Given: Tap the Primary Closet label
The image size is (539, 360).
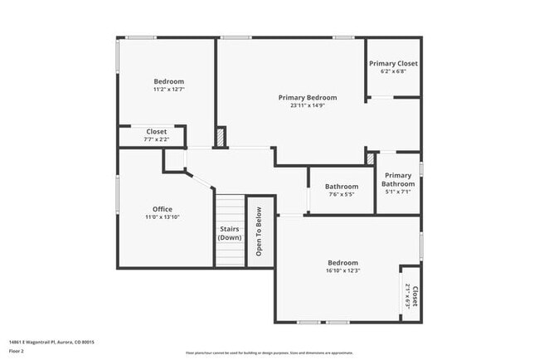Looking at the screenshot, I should (x=393, y=64).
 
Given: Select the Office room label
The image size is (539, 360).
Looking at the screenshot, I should (x=163, y=208).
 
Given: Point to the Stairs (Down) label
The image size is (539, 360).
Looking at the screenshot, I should (x=230, y=233).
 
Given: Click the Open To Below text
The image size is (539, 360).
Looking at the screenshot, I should (x=260, y=233).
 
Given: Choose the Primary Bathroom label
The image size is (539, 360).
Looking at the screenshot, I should (x=398, y=179).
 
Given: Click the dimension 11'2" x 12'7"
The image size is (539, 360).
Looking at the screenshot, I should (x=168, y=89).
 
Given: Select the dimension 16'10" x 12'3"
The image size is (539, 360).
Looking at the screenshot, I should (x=342, y=270).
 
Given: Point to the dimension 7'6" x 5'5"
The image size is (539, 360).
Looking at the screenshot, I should (x=341, y=195).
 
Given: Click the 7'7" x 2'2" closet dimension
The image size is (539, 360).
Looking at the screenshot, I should (x=156, y=139).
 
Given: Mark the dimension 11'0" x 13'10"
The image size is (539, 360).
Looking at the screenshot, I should (x=163, y=216).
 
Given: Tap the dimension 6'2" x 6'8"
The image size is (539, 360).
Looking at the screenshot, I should (x=393, y=72).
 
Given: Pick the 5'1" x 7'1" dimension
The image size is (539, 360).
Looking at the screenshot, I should (x=398, y=192).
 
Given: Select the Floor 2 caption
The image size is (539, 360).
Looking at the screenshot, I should (x=17, y=351).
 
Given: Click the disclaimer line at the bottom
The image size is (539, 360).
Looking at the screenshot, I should (x=269, y=353).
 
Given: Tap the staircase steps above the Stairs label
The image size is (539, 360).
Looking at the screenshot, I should (x=230, y=207).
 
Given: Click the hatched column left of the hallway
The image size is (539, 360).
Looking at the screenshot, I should (x=221, y=138).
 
